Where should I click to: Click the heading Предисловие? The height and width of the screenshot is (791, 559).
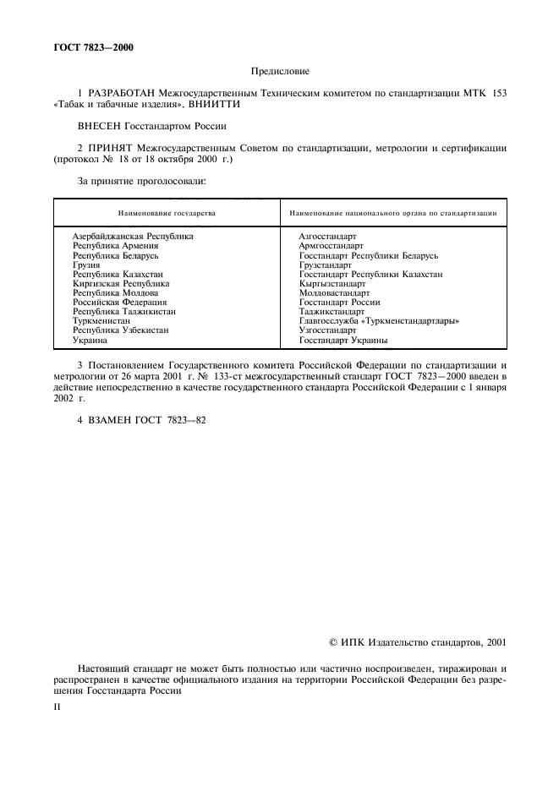pos(279,73)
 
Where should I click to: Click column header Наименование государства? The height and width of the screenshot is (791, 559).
pos(167,213)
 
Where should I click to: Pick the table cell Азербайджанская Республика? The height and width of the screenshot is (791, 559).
pos(133,237)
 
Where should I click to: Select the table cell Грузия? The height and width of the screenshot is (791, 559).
pos(86,265)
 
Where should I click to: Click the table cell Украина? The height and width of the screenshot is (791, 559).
pos(90,340)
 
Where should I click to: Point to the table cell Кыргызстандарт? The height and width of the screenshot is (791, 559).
pos(332,284)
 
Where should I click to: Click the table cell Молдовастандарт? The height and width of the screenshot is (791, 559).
pos(334,293)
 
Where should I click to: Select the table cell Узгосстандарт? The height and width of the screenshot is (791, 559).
pos(328,330)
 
